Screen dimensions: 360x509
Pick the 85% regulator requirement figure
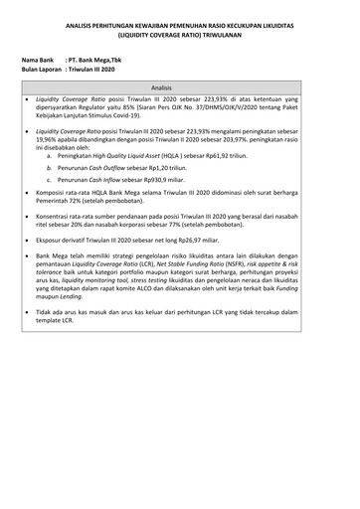pos(135,108)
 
